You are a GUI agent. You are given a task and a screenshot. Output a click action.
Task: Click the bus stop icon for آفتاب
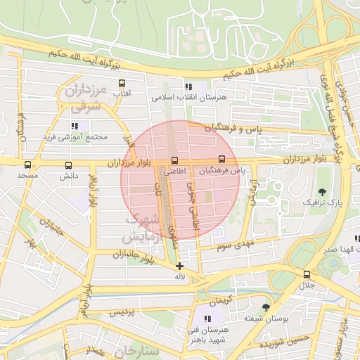click(123, 82)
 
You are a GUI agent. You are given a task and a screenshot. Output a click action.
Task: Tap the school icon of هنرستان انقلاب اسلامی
click(188, 85)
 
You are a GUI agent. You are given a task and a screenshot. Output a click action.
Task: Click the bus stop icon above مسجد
click(27, 166)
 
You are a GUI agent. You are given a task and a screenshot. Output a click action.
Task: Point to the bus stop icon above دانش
click(68, 166)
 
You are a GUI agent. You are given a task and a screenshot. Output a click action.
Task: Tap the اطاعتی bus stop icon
click(174, 159)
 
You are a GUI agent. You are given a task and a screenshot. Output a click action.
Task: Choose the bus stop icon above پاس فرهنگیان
click(222, 159)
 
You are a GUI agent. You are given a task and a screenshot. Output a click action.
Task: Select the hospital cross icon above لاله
click(180, 266)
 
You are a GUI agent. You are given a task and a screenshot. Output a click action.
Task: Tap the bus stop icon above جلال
click(307, 274)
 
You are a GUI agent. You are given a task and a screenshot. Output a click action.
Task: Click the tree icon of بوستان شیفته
click(265, 307)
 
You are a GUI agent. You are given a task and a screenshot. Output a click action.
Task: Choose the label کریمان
click(219, 300)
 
